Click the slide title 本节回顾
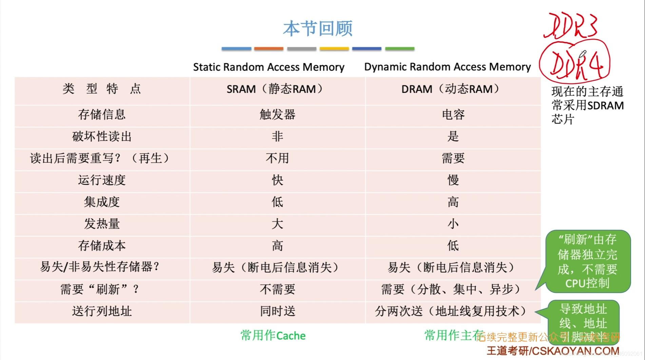(x=318, y=28)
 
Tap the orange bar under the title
(x=269, y=49)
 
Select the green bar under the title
(x=400, y=49)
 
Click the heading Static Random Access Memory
(x=269, y=67)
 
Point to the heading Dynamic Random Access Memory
(x=447, y=67)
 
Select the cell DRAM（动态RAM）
(x=452, y=89)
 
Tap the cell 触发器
(x=277, y=115)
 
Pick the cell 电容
(x=453, y=115)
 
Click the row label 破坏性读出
(x=102, y=137)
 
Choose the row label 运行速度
(x=102, y=180)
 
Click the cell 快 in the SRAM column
(x=277, y=180)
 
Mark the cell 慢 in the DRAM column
(x=453, y=180)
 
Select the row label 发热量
(x=102, y=224)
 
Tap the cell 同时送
(x=277, y=311)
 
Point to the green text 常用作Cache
(x=273, y=336)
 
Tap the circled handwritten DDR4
(x=575, y=64)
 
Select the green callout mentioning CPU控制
(x=588, y=261)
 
